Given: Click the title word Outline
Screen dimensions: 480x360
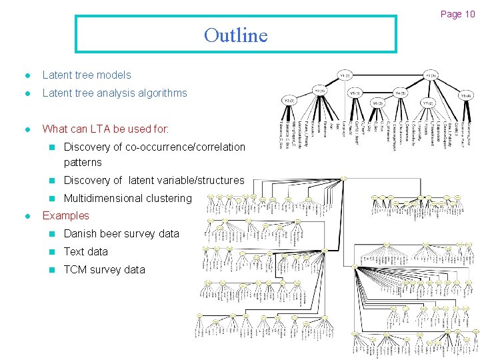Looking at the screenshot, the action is tap(235, 35).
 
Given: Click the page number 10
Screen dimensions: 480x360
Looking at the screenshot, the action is tap(469, 14).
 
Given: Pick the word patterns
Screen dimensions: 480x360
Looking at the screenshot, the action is tap(83, 162).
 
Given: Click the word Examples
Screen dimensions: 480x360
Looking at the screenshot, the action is tap(65, 215).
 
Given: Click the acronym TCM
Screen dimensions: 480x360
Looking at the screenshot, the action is tap(75, 269).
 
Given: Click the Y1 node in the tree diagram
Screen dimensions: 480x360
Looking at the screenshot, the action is tap(345, 75).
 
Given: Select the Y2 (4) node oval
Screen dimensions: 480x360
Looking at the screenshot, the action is tap(320, 90).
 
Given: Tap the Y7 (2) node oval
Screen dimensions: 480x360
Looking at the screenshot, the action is tap(428, 103).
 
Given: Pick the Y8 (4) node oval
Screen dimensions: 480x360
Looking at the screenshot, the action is tap(465, 95).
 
